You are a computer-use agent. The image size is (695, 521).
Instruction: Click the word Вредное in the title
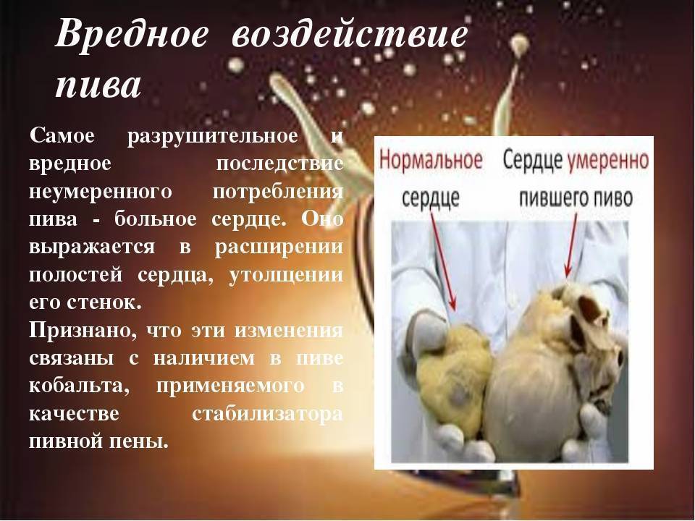point(132,34)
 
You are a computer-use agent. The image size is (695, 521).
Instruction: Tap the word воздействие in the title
point(349,34)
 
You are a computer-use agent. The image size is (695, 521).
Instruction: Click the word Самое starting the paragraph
point(62,135)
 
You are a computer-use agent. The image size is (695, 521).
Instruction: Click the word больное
point(156,219)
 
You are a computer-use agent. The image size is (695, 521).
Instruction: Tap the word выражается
point(92,247)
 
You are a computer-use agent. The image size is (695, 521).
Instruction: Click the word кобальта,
point(80,386)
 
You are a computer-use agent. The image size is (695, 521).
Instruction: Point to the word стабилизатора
point(267,415)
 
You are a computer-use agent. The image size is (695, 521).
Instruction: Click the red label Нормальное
point(430,159)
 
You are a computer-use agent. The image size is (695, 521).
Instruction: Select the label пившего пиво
point(576,198)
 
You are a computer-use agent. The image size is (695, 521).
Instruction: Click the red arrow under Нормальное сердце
point(443,261)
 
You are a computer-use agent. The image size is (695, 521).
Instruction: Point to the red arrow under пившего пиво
point(571,245)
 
